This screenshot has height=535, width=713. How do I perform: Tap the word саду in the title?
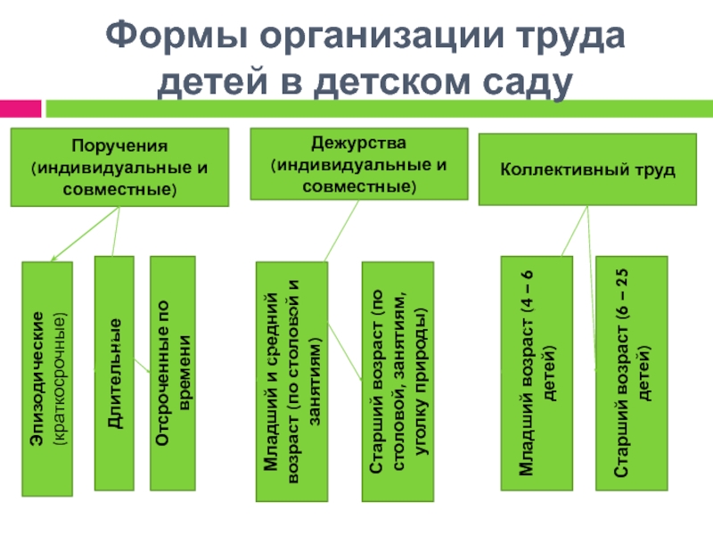[x=527, y=82]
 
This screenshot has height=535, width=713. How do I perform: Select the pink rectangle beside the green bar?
[x=20, y=109]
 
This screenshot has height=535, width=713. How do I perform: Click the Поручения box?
[x=119, y=167]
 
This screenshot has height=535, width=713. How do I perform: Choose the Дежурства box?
[x=359, y=164]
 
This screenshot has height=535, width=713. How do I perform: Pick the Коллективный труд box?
[x=587, y=169]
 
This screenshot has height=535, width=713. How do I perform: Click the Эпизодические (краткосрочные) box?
[x=47, y=378]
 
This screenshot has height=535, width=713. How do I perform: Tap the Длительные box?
[x=114, y=373]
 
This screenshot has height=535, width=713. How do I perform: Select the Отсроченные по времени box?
[x=173, y=373]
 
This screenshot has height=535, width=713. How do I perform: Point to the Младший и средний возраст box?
[x=292, y=382]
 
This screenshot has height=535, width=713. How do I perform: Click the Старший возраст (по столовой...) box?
[x=397, y=382]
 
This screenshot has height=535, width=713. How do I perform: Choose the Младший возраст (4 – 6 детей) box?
[x=537, y=373]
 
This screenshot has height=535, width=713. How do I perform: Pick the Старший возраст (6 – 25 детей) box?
[x=632, y=373]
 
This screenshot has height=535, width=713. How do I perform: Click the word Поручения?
[x=119, y=146]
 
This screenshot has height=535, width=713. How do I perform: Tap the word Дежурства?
[x=359, y=144]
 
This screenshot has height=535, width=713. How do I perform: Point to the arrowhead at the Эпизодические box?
[x=53, y=259]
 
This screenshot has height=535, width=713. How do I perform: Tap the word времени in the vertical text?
[x=184, y=373]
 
